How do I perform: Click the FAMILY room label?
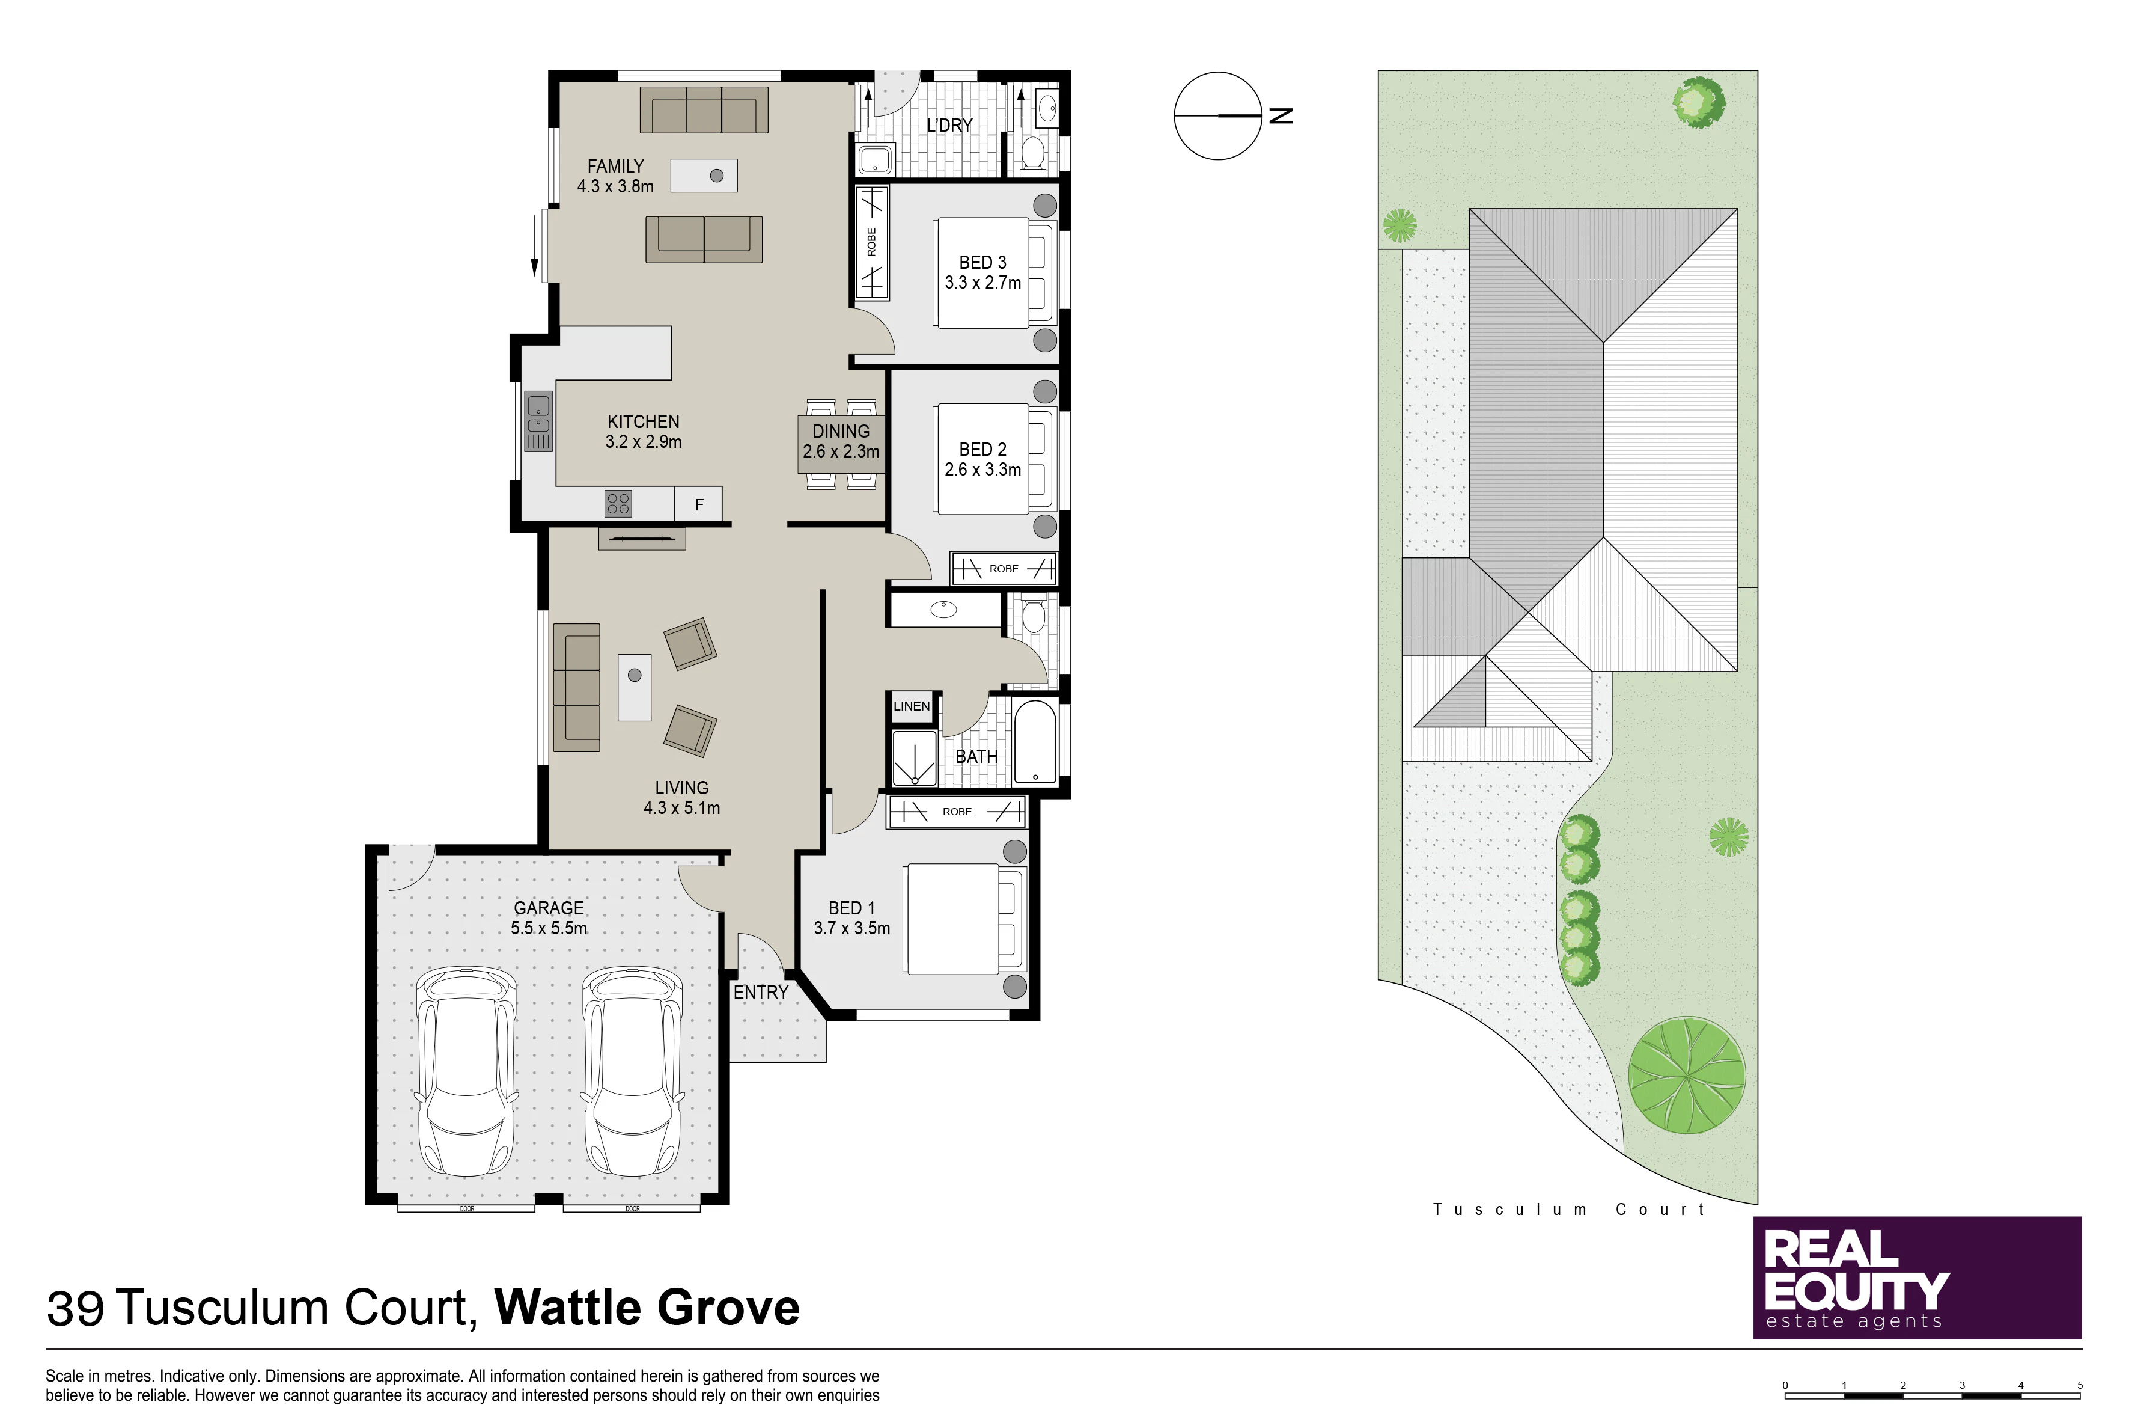click(x=615, y=167)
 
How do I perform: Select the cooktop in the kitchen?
click(x=618, y=504)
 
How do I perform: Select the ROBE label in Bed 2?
click(x=1004, y=569)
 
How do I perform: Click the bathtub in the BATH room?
click(x=1035, y=742)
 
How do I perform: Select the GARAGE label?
click(x=549, y=907)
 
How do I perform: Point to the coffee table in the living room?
click(x=635, y=687)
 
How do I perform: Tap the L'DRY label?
click(x=949, y=125)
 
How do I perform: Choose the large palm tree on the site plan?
click(x=1686, y=1075)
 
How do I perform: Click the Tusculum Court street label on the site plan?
click(x=1569, y=1209)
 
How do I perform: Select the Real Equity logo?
click(x=1917, y=1277)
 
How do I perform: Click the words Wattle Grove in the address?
click(x=647, y=1307)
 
